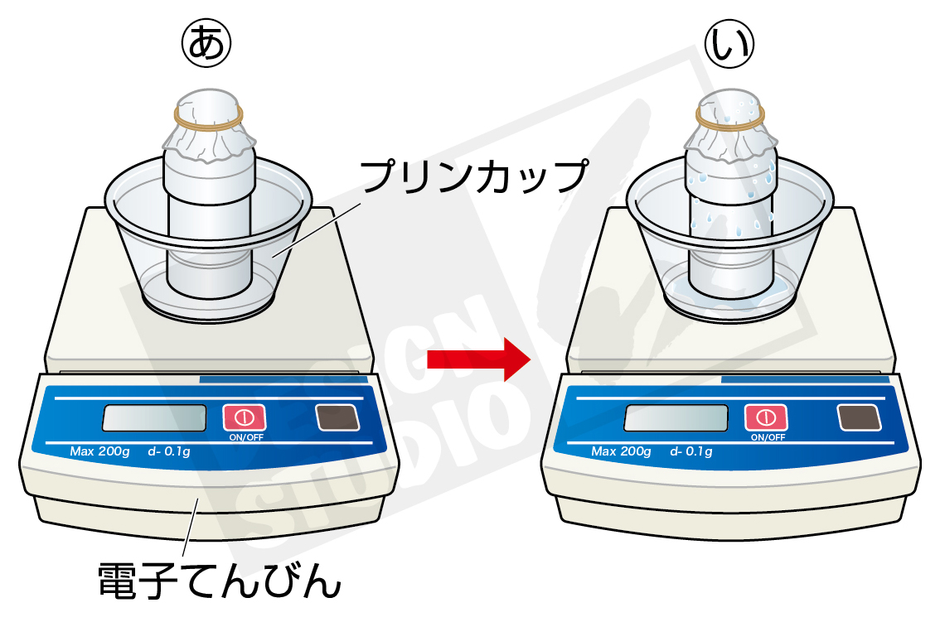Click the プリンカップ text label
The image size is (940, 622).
tap(472, 176)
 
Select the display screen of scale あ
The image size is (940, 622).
tap(154, 418)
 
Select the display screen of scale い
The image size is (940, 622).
tap(676, 418)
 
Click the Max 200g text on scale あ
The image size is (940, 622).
tap(99, 451)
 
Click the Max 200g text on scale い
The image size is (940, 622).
tap(621, 451)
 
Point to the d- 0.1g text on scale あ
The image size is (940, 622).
tap(170, 451)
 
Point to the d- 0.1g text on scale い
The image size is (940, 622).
tap(691, 451)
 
